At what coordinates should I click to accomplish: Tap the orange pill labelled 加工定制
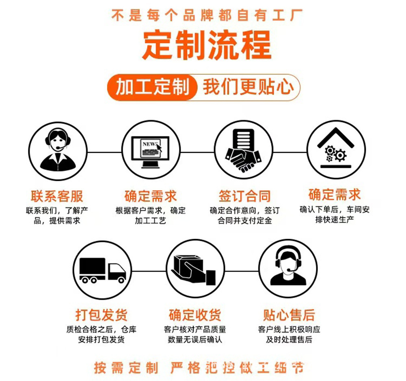[x=153, y=87]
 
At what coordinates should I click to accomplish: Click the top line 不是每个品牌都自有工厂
[x=207, y=16]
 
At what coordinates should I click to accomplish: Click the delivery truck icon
[x=102, y=270]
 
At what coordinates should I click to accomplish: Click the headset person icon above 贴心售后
[x=288, y=268]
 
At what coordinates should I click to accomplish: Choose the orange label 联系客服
[x=57, y=196]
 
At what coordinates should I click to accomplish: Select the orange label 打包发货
[x=101, y=315]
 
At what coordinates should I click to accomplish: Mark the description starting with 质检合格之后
[x=101, y=334]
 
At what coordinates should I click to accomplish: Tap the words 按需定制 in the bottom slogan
[x=126, y=368]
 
